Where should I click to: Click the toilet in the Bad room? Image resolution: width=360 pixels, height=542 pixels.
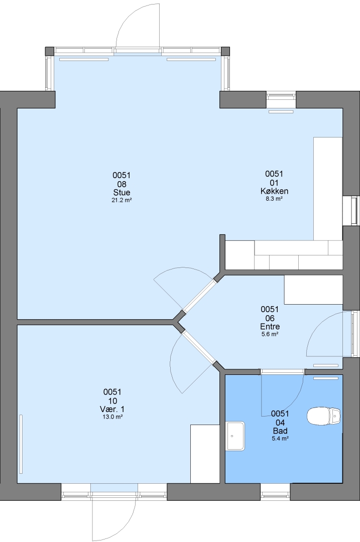pos(324,416)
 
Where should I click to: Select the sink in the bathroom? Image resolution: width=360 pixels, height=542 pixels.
pos(235,436)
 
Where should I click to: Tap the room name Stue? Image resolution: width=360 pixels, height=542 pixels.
pos(122,193)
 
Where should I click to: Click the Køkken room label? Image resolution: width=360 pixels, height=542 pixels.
pos(274,191)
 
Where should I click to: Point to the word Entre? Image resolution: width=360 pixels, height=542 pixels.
pos(270,326)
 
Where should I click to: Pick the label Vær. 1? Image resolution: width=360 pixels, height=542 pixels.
pos(112,410)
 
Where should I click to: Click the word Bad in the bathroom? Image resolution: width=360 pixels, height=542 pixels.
pos(280,431)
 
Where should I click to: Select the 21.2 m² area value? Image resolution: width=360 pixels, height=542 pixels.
pos(122,200)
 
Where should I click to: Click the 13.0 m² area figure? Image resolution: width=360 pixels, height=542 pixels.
pos(112,417)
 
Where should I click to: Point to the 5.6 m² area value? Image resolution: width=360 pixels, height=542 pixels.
pos(270,334)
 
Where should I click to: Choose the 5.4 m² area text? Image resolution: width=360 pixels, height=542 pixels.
pos(280,439)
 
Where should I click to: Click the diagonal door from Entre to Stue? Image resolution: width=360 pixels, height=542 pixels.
pos(200,296)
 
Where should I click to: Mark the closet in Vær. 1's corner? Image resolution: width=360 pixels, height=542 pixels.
pos(205,454)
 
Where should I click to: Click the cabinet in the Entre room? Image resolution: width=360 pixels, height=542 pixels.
pos(313,290)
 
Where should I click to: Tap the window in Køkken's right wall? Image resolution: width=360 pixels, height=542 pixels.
pos(354,211)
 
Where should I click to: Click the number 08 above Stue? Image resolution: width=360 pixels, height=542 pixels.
pos(122,184)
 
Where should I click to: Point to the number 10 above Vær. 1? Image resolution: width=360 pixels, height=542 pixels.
pos(112,401)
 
